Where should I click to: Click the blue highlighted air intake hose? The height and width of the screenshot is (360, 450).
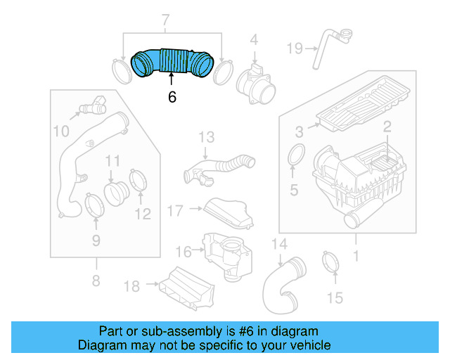click(x=172, y=61)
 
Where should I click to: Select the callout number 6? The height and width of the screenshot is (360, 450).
click(x=172, y=98)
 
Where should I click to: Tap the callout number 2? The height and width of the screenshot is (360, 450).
click(x=386, y=127)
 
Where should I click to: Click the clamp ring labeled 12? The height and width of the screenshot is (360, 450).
click(x=139, y=180)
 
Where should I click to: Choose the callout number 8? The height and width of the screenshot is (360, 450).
click(x=96, y=282)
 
